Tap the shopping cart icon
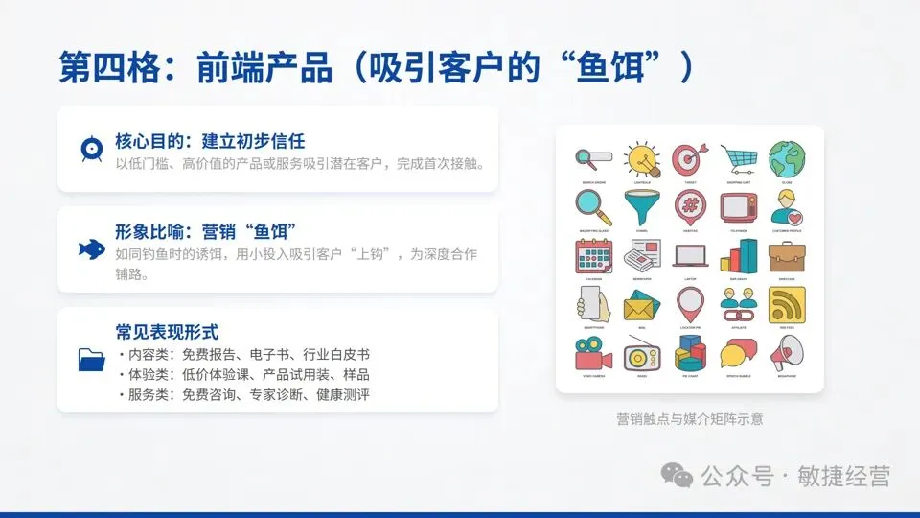[739, 158]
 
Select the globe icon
[786, 158]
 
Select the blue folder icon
[92, 360]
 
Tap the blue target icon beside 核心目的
[92, 150]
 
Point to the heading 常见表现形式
[167, 332]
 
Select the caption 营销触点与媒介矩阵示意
[690, 419]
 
